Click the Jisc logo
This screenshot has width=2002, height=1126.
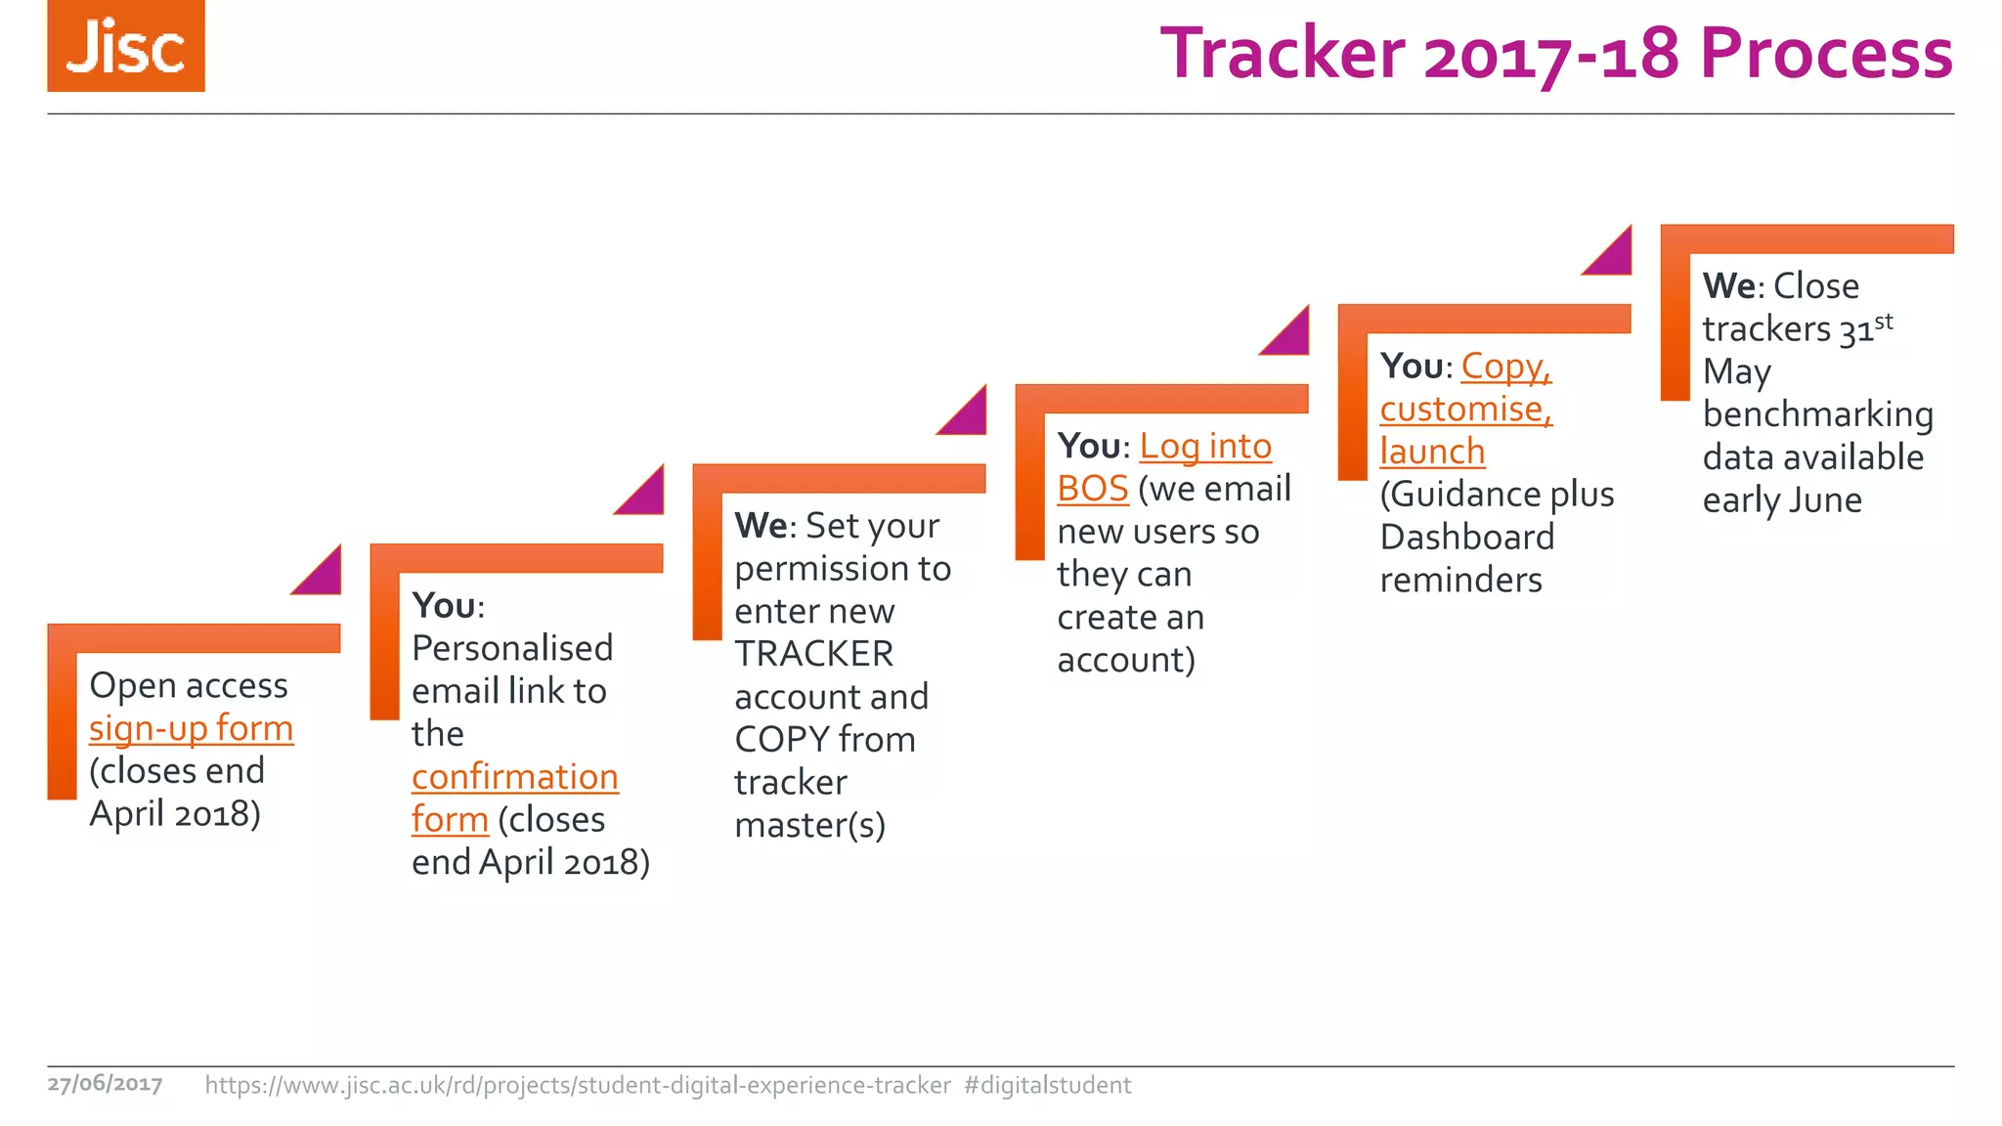pyautogui.click(x=126, y=46)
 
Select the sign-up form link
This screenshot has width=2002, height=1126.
pyautogui.click(x=191, y=728)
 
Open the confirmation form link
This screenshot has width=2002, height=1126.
pyautogui.click(x=514, y=777)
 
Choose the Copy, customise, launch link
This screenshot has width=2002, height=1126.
pyautogui.click(x=1465, y=409)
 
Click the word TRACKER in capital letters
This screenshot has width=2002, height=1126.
pyautogui.click(x=813, y=654)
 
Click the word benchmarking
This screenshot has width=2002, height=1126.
pyautogui.click(x=1817, y=414)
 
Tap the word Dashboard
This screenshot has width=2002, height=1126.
pyautogui.click(x=1466, y=538)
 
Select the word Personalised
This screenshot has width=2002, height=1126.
pyautogui.click(x=512, y=648)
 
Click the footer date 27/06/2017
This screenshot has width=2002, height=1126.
pyautogui.click(x=105, y=1084)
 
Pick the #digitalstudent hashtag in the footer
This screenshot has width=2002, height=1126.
pyautogui.click(x=1047, y=1085)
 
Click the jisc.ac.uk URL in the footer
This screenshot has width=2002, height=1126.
pyautogui.click(x=577, y=1085)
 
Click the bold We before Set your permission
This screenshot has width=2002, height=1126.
pyautogui.click(x=761, y=526)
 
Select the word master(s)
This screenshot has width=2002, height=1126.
pyautogui.click(x=809, y=826)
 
